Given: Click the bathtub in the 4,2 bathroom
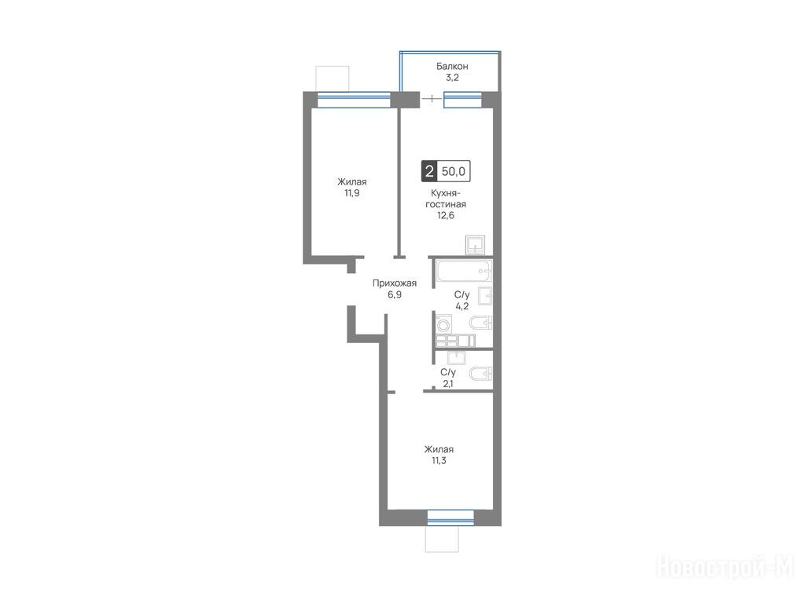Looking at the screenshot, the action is pyautogui.click(x=465, y=271).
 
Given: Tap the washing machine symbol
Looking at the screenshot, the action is pyautogui.click(x=443, y=324).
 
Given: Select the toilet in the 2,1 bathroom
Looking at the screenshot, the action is pyautogui.click(x=481, y=374).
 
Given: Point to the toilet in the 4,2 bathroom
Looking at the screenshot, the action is pyautogui.click(x=481, y=323).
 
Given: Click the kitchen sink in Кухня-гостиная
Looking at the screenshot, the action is pyautogui.click(x=475, y=245).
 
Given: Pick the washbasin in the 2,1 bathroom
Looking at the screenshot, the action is pyautogui.click(x=457, y=357).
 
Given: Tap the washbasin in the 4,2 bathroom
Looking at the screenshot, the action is pyautogui.click(x=484, y=296).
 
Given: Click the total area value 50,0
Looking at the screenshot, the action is pyautogui.click(x=454, y=171).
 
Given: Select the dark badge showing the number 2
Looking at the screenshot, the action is pyautogui.click(x=429, y=171).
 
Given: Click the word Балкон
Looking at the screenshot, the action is pyautogui.click(x=452, y=66).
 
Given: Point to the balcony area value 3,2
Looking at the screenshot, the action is pyautogui.click(x=452, y=78).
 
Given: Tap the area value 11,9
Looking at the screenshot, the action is pyautogui.click(x=352, y=193).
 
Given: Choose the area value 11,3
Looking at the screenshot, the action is pyautogui.click(x=439, y=460).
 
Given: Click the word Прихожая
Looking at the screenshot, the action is pyautogui.click(x=395, y=283).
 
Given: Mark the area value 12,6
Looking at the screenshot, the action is pyautogui.click(x=446, y=215).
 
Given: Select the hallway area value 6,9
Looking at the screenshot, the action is pyautogui.click(x=395, y=295).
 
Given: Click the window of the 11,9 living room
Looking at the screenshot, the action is pyautogui.click(x=354, y=100).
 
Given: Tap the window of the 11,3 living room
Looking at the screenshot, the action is pyautogui.click(x=450, y=518).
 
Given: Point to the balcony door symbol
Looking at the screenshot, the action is pyautogui.click(x=432, y=98).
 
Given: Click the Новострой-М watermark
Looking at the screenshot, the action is pyautogui.click(x=726, y=568).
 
